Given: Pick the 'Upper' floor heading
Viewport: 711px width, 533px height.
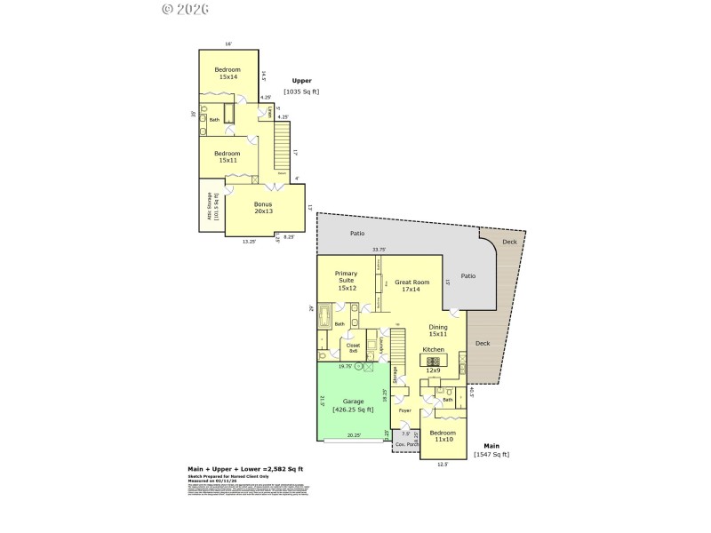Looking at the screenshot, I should (301, 81).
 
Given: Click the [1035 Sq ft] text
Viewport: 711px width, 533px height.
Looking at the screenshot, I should (301, 91).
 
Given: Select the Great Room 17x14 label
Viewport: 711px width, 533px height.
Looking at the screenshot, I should (412, 286).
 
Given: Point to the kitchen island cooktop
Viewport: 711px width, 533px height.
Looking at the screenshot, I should (433, 360).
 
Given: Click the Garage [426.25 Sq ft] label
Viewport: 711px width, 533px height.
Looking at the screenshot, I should (353, 405).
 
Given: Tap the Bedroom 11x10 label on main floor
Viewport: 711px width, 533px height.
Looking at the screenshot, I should (444, 436).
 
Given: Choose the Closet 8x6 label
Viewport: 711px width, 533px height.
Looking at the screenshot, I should (353, 347).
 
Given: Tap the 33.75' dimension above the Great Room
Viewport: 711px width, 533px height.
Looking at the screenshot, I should (379, 250).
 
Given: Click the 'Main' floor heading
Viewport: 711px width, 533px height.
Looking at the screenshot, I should (491, 445).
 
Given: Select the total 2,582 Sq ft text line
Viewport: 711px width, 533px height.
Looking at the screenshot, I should (245, 468).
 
